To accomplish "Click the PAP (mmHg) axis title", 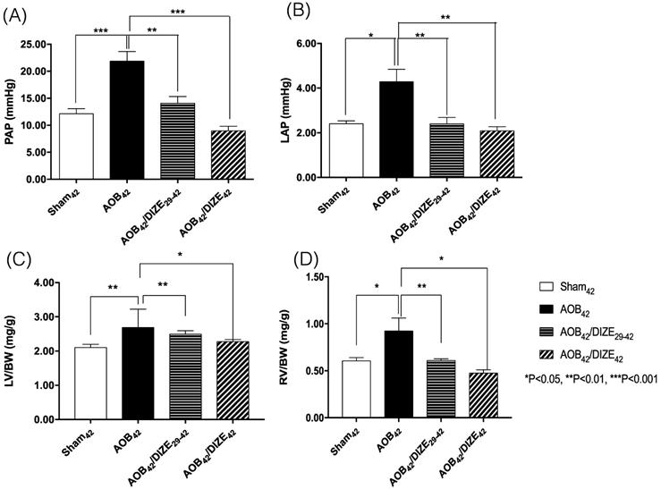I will click(x=12, y=111).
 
